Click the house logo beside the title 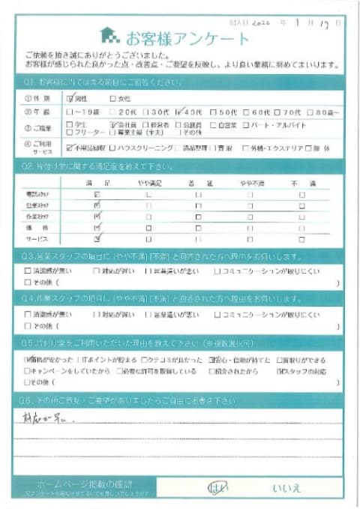pos(109,34)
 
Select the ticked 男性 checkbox pos(70,97)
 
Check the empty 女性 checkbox pos(113,97)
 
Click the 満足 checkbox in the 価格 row pos(96,226)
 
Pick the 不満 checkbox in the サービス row pos(301,238)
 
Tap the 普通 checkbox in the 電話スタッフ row pos(199,194)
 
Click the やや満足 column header pos(148,182)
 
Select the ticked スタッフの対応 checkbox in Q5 pos(280,371)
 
